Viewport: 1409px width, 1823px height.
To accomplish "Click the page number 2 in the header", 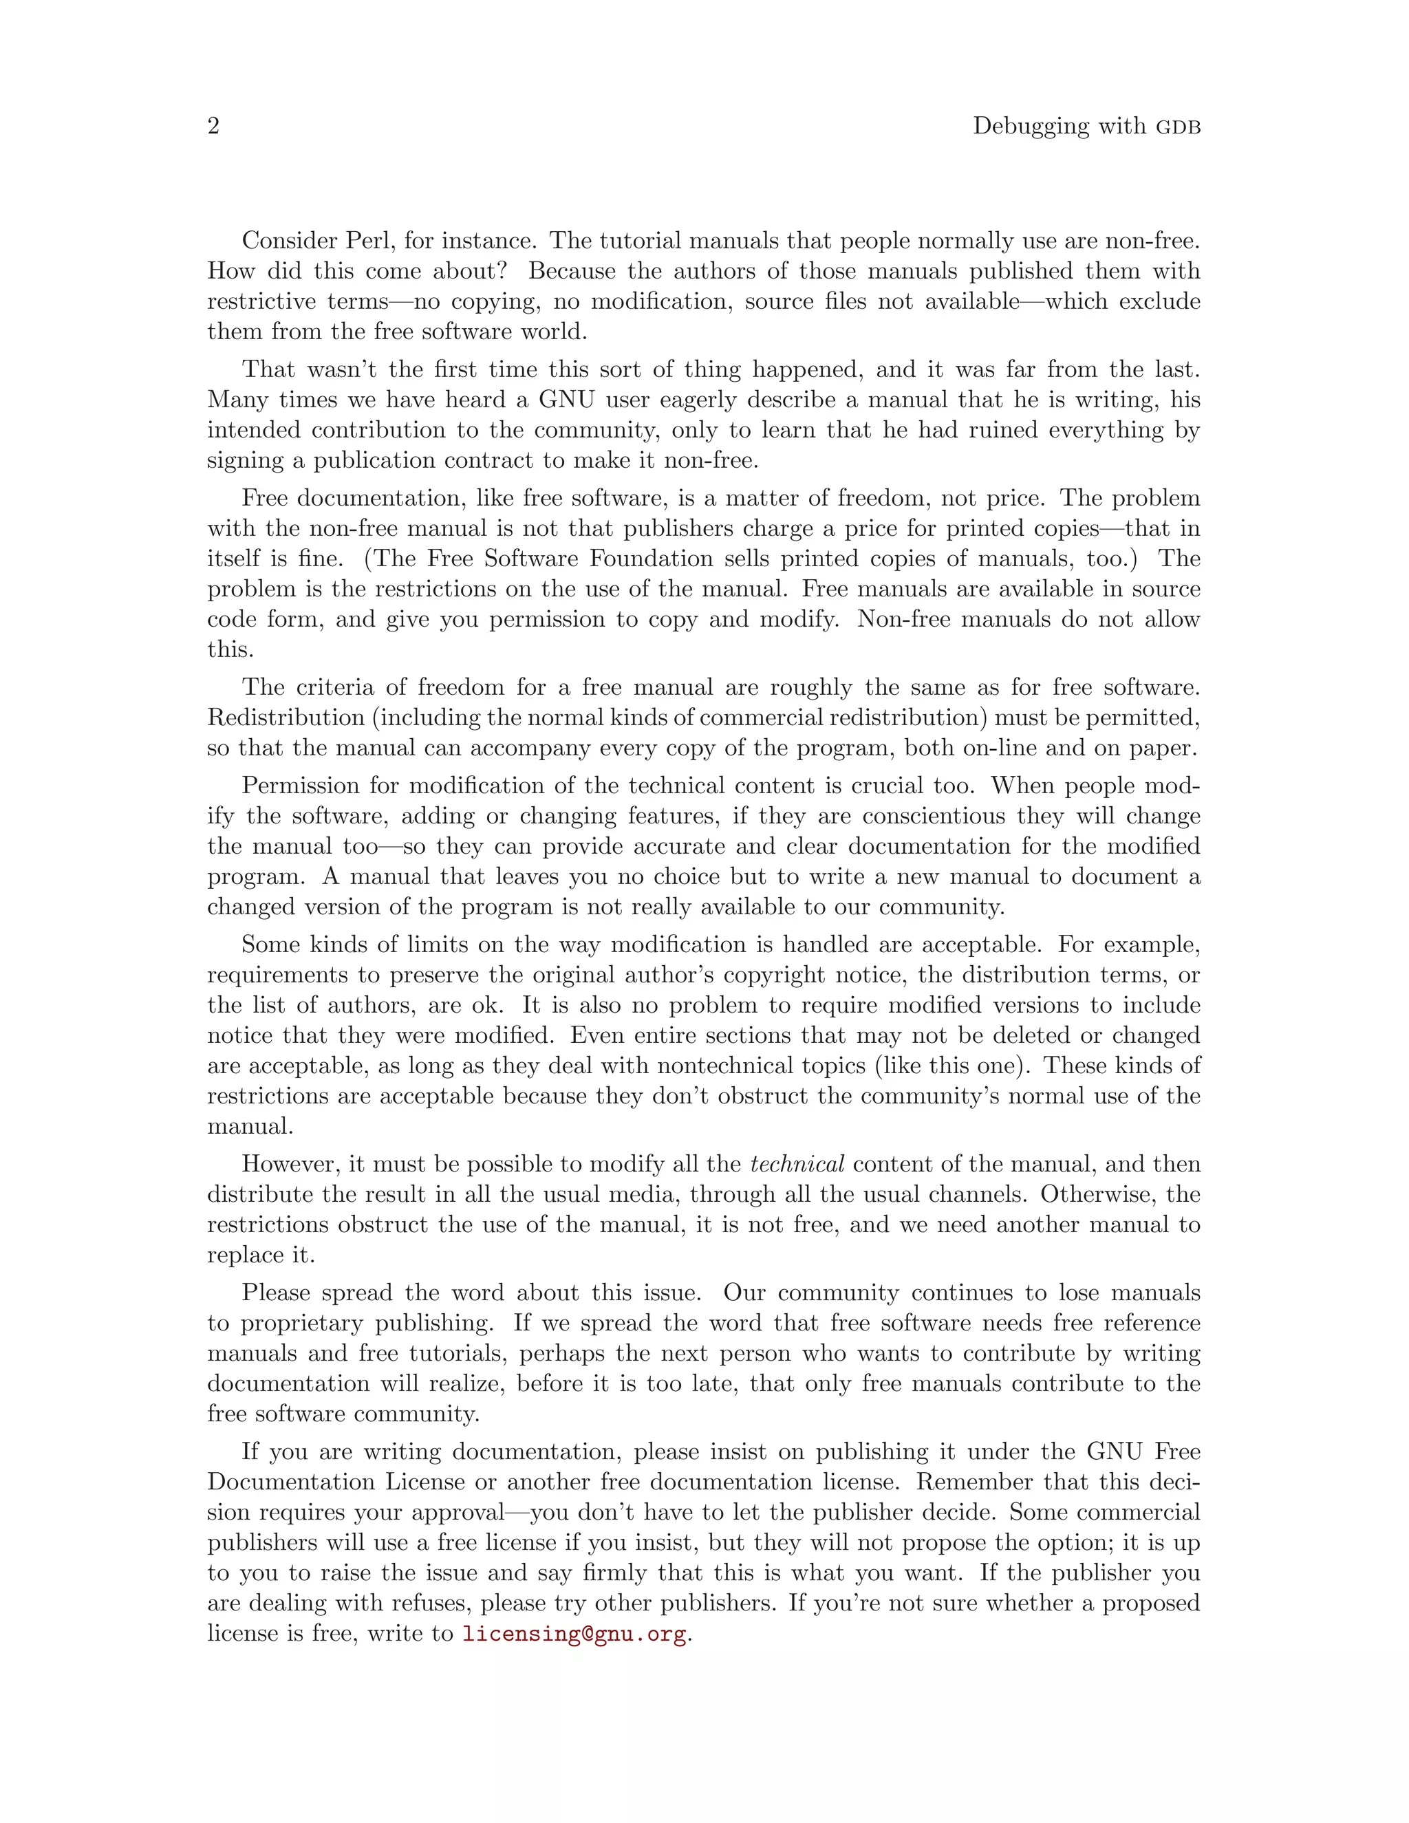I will pyautogui.click(x=214, y=126).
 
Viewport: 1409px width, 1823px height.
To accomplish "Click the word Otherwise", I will pyautogui.click(x=1097, y=1194).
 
